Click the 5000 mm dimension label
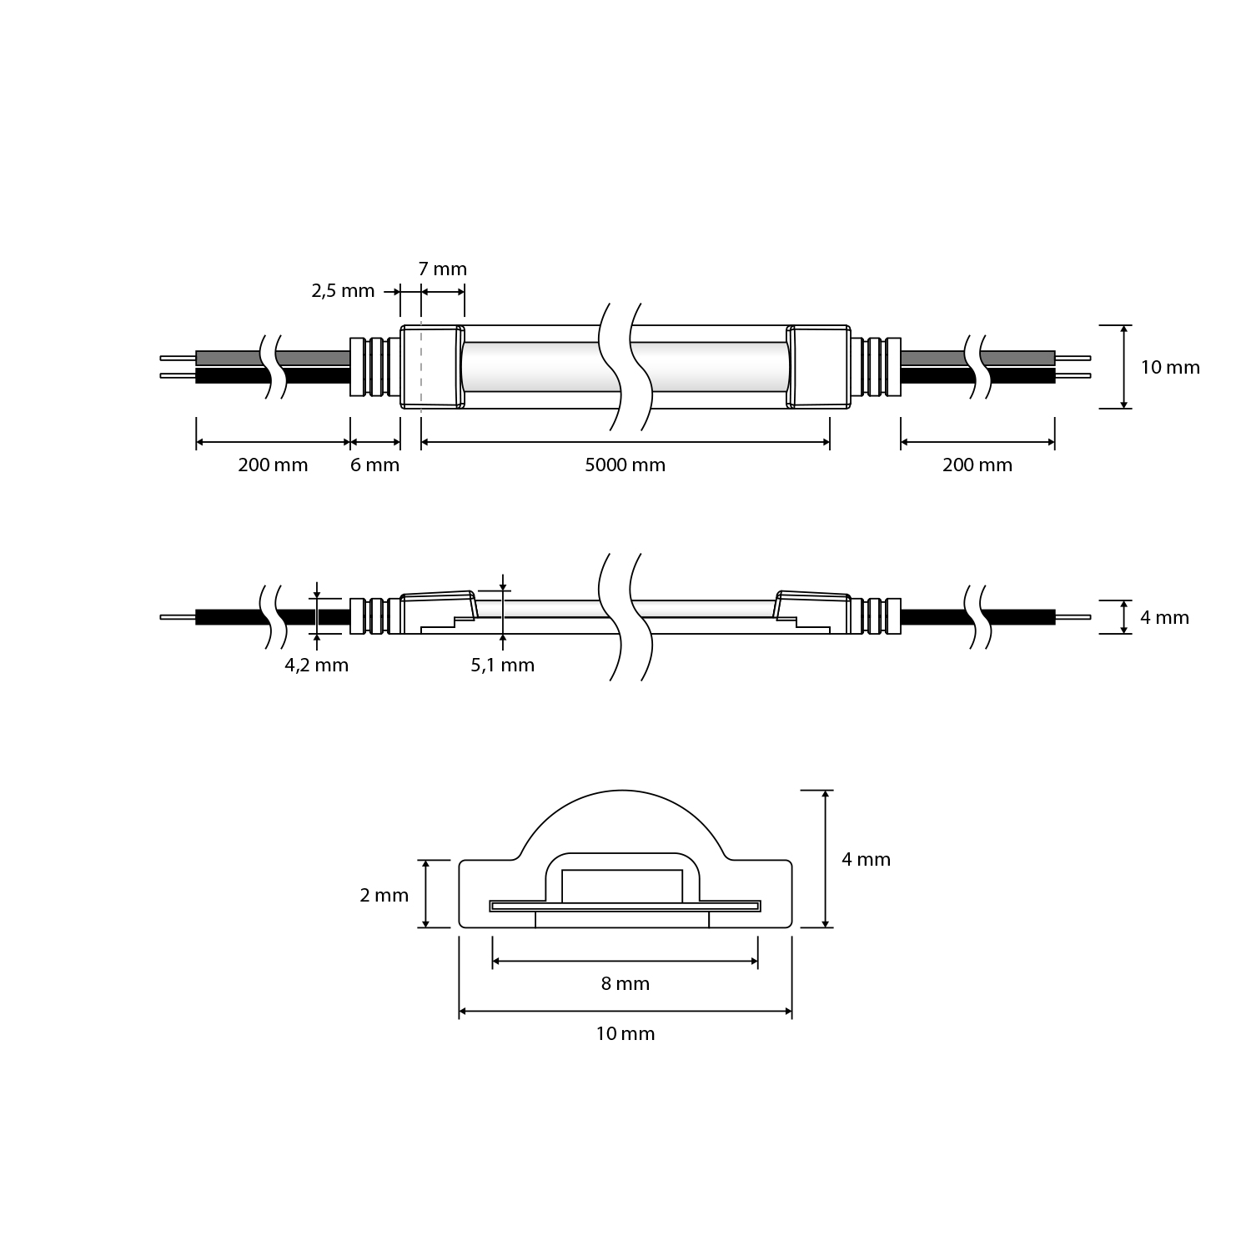[625, 465]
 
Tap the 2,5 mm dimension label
[343, 291]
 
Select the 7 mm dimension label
[442, 269]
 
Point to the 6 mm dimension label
[374, 465]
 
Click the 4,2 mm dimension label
[317, 666]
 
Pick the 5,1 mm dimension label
[503, 666]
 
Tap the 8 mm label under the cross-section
[625, 984]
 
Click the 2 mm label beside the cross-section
[384, 896]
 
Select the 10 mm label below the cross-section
[625, 1034]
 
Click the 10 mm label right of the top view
[1170, 368]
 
